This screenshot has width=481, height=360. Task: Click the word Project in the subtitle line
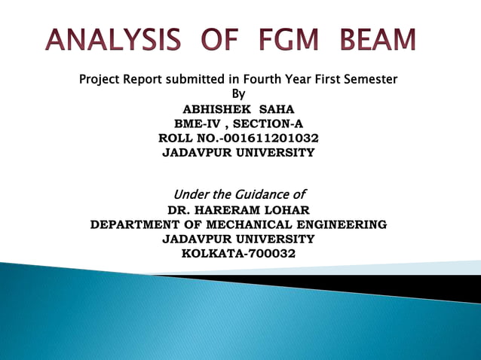[103, 79]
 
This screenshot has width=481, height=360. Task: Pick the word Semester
[367, 79]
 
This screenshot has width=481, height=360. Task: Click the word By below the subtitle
[238, 94]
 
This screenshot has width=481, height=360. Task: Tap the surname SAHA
[277, 109]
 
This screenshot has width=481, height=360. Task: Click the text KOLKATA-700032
[239, 253]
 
